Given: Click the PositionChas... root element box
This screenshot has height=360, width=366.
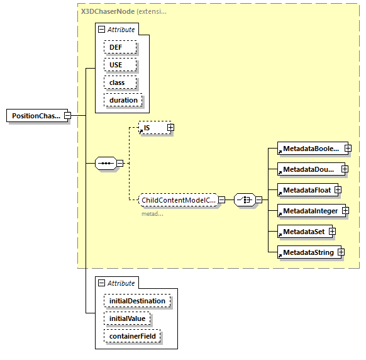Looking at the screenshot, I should click(x=36, y=116).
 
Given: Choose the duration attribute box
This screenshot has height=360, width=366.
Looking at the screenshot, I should click(x=123, y=100).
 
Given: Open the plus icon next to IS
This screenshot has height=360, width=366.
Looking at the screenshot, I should click(x=170, y=128).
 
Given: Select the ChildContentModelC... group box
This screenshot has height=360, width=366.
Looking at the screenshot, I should click(x=178, y=200).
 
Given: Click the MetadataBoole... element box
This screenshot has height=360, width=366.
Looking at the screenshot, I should click(x=309, y=149).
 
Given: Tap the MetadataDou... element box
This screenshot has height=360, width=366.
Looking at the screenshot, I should click(x=309, y=169).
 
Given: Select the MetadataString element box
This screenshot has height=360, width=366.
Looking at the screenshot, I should click(x=306, y=252).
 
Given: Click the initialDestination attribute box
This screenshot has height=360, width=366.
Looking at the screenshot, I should click(x=137, y=301).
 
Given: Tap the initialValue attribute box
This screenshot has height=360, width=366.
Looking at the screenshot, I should click(x=128, y=319).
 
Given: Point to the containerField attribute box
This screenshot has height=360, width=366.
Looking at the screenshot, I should click(x=133, y=337).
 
